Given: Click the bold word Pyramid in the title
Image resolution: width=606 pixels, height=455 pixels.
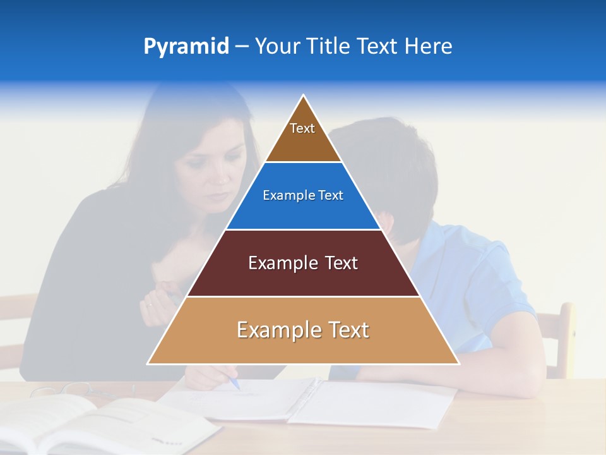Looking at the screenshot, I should pyautogui.click(x=186, y=47).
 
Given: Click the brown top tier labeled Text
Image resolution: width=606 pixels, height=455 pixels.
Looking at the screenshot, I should pyautogui.click(x=303, y=136).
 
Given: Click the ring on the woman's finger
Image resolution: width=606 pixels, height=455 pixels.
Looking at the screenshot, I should pyautogui.click(x=150, y=305).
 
